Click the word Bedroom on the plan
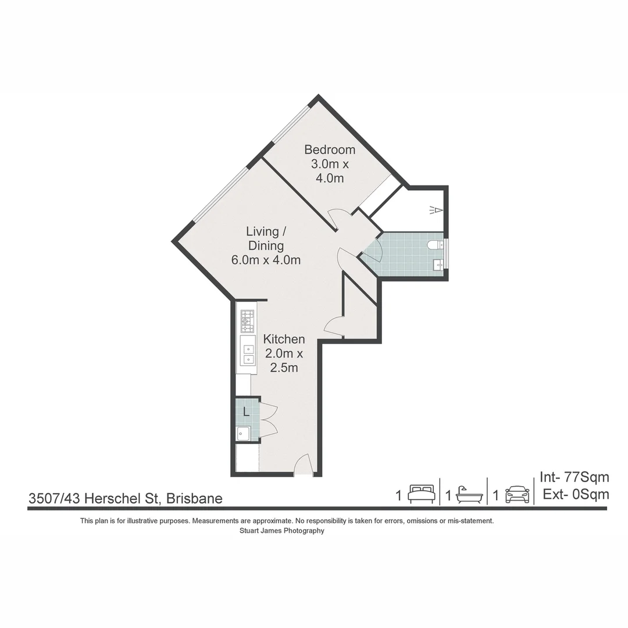(x=330, y=150)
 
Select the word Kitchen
(x=284, y=339)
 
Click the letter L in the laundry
(x=247, y=412)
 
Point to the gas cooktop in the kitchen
(x=248, y=321)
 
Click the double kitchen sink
(x=248, y=354)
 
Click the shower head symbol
(x=436, y=209)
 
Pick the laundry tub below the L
(x=243, y=433)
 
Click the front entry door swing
(x=304, y=465)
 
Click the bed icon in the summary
(x=422, y=494)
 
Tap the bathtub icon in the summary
(x=469, y=495)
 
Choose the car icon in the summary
(x=517, y=494)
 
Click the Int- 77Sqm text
(x=574, y=477)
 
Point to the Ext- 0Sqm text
(x=575, y=495)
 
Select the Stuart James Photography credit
(x=282, y=530)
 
